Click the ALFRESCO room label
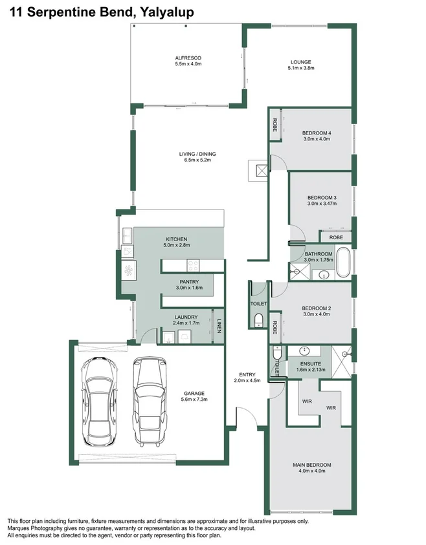pyautogui.click(x=188, y=57)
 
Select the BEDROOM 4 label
pyautogui.click(x=316, y=133)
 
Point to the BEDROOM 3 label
pyautogui.click(x=322, y=197)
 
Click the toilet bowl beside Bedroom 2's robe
pyautogui.click(x=258, y=319)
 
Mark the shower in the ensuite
pyautogui.click(x=342, y=356)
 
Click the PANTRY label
pyautogui.click(x=189, y=281)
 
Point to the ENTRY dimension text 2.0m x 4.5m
pyautogui.click(x=247, y=381)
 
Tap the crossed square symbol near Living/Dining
pyautogui.click(x=262, y=171)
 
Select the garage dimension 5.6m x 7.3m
pyautogui.click(x=194, y=399)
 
